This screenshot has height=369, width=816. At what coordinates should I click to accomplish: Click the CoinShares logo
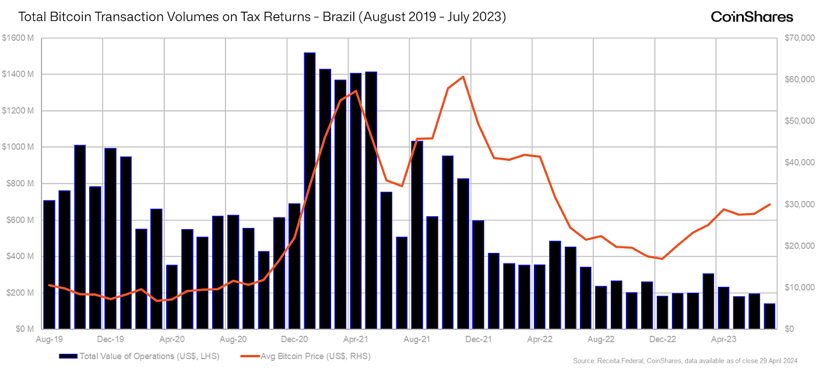[x=751, y=17]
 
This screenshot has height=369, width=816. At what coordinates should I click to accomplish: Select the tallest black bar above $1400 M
[x=309, y=190]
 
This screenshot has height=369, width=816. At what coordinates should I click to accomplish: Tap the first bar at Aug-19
[x=49, y=264]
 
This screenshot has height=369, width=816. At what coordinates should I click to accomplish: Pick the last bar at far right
[x=769, y=316]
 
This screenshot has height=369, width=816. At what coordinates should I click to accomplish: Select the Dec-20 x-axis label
[x=294, y=338]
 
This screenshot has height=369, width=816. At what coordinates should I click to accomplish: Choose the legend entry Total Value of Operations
[x=149, y=355]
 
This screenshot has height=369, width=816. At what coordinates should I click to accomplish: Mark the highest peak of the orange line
[x=463, y=77]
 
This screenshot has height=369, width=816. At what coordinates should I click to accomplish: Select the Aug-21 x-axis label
[x=417, y=338]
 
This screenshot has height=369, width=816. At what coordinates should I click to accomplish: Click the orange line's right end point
[x=770, y=204]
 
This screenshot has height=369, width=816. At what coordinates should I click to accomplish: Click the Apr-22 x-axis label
[x=539, y=338]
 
